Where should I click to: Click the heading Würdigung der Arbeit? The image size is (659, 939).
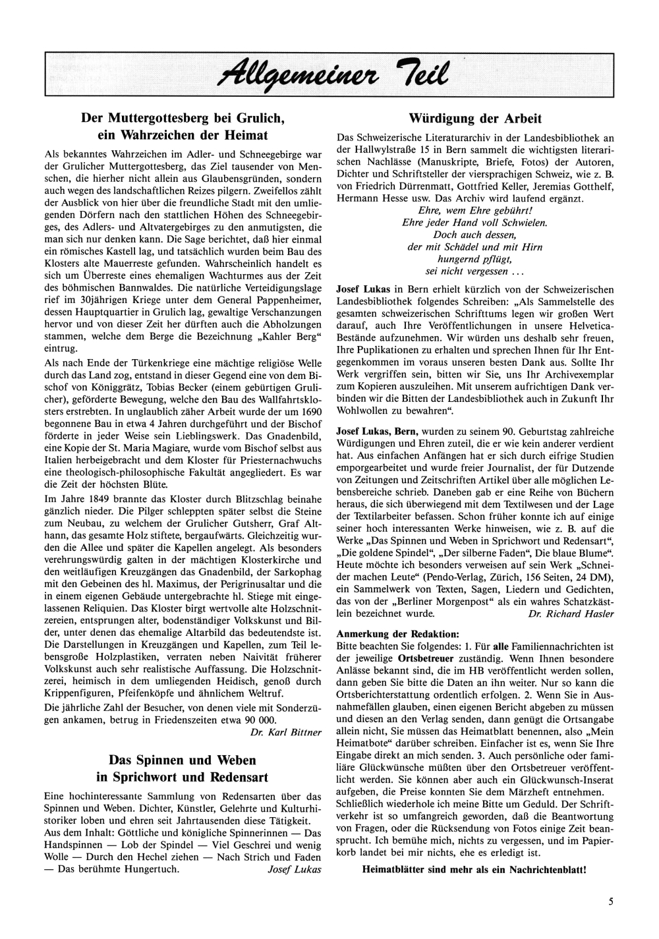click(x=475, y=119)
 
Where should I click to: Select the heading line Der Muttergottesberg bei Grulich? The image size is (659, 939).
click(x=182, y=119)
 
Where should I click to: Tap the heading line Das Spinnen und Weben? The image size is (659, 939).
click(x=182, y=760)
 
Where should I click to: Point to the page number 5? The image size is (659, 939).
click(x=612, y=903)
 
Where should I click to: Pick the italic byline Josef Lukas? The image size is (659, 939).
click(x=294, y=868)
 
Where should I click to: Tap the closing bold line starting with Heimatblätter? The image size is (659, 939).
click(x=474, y=869)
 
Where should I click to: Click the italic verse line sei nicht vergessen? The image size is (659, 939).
click(x=475, y=271)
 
